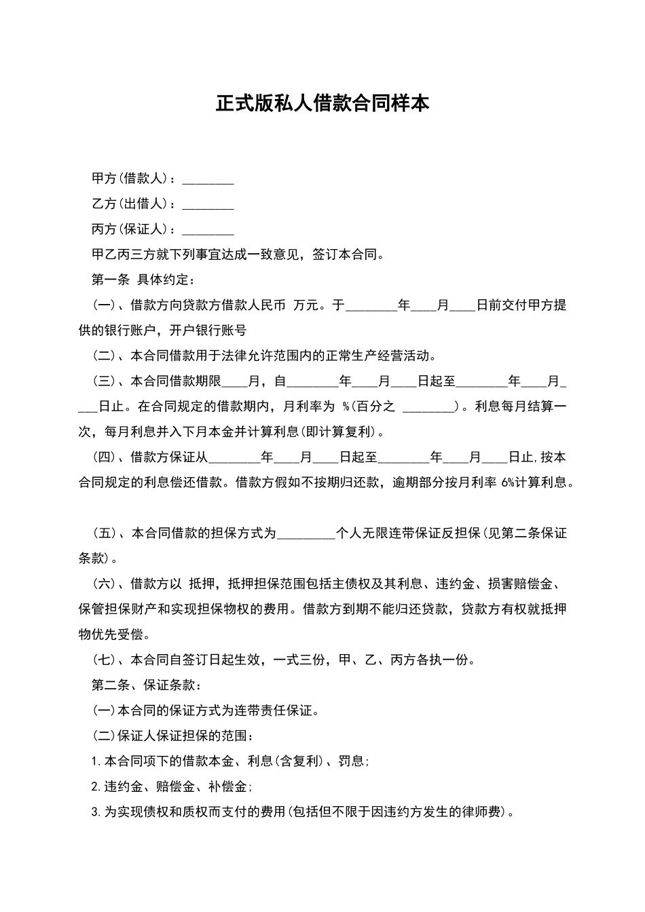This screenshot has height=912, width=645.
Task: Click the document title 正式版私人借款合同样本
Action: point(322,104)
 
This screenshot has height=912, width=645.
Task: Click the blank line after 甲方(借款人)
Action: point(208,180)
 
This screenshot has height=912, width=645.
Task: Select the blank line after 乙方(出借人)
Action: point(208,206)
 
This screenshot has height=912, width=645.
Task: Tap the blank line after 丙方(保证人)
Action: point(208,231)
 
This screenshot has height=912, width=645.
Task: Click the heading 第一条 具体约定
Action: point(143,280)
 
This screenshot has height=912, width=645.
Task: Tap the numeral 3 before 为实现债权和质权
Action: point(94,812)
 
